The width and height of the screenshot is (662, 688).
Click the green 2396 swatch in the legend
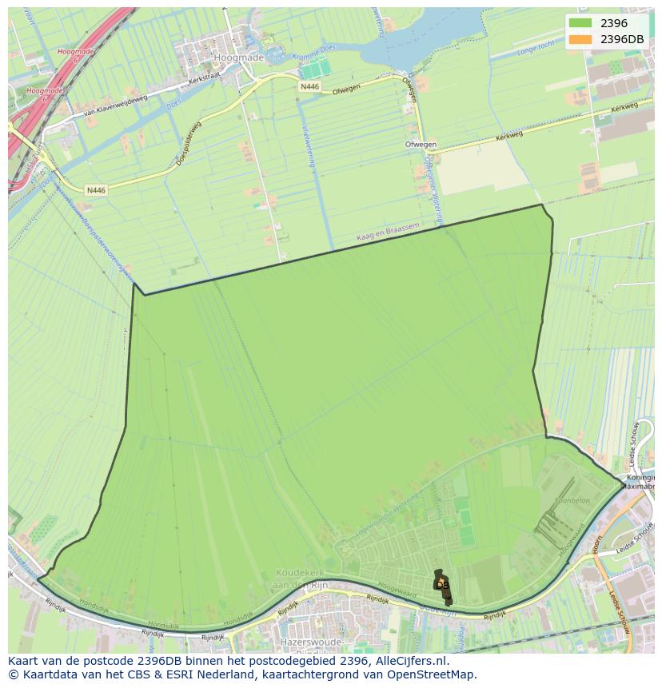(x=580, y=23)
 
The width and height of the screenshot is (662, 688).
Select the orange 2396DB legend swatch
(x=580, y=39)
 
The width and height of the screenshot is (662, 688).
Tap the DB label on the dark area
(x=443, y=585)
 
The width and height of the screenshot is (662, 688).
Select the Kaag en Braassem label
(x=388, y=233)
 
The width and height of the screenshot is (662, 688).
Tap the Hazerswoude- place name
(x=311, y=642)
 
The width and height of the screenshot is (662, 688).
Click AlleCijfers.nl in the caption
(x=413, y=662)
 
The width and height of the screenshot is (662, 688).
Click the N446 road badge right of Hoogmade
(x=309, y=86)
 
